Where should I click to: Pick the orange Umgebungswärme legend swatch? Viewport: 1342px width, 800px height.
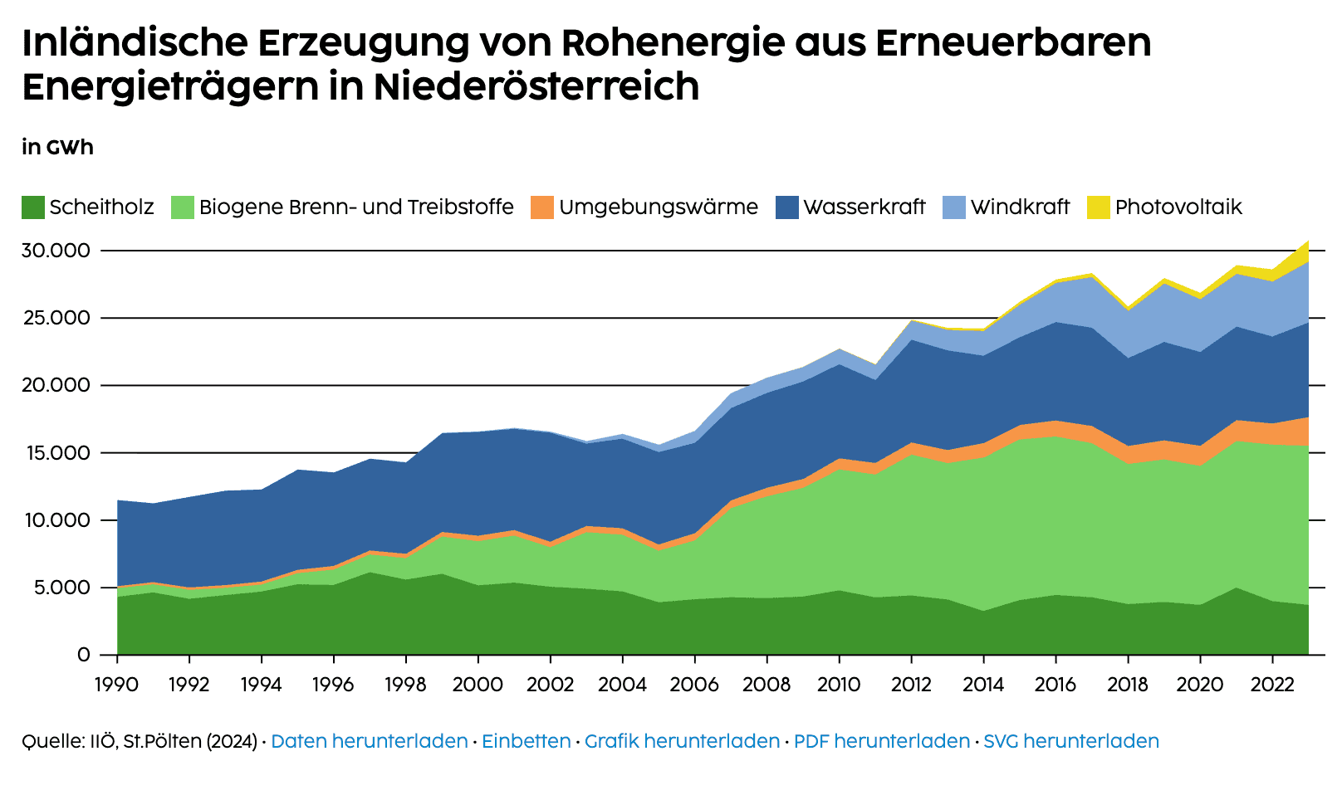point(541,207)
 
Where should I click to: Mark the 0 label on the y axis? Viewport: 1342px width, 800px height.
point(83,655)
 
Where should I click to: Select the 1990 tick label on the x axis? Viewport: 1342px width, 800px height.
point(117,685)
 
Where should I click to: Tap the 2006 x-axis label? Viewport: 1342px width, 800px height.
point(694,685)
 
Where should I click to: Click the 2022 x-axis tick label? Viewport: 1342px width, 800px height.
point(1271,685)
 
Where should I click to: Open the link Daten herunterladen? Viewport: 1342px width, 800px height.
point(369,741)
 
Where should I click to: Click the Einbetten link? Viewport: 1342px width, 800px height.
point(526,741)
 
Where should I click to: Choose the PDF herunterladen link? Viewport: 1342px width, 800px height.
point(881,741)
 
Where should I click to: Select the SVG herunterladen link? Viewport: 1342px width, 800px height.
point(1070,741)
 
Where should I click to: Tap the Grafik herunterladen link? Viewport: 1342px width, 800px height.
point(682,741)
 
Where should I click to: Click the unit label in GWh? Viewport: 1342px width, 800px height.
point(57,148)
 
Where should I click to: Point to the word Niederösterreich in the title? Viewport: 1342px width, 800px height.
point(536,86)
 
